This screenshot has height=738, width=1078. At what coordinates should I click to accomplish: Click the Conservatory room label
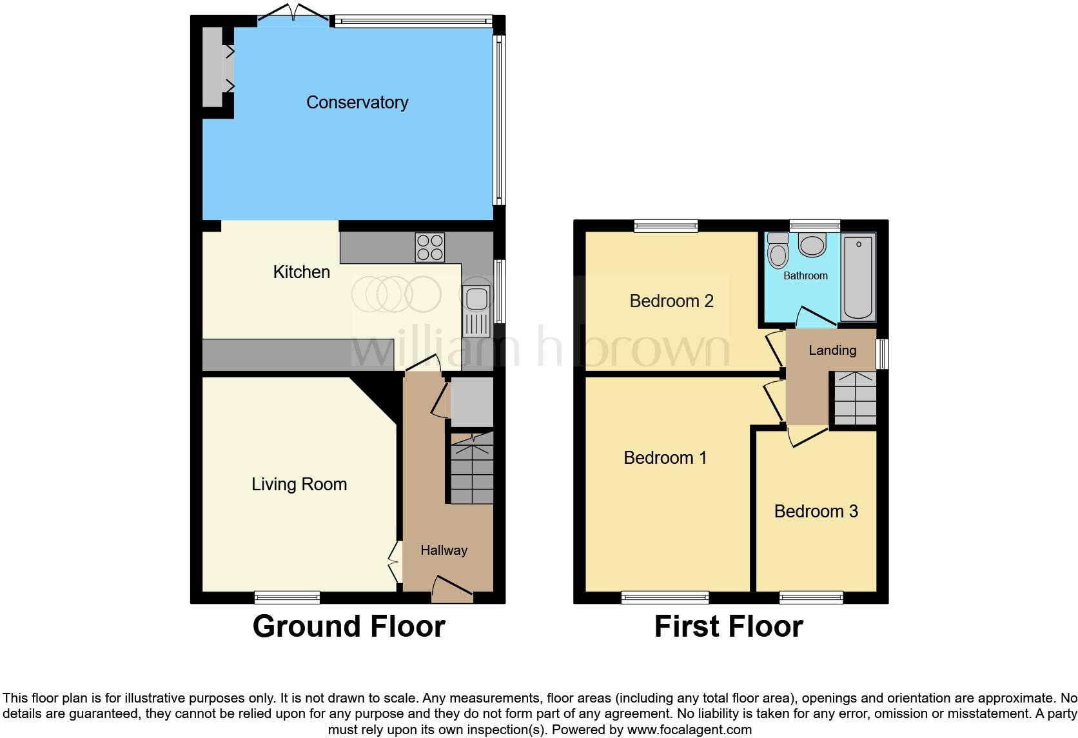(357, 103)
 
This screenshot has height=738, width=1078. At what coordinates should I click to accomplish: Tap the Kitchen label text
(302, 272)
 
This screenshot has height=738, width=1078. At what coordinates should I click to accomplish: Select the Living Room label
(299, 484)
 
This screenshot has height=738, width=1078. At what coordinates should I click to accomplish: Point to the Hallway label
(444, 550)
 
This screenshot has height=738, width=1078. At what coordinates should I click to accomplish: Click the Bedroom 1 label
(665, 458)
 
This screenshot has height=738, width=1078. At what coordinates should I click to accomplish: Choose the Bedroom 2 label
(671, 301)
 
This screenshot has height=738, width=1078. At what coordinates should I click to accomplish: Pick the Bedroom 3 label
(816, 512)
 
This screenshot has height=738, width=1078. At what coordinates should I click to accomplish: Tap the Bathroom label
(805, 276)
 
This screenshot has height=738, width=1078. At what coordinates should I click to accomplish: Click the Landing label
(832, 350)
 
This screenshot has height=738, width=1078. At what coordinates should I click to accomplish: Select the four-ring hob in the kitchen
(430, 247)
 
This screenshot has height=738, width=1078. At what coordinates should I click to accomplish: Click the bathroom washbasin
(812, 245)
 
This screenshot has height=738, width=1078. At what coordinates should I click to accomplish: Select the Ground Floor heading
(349, 626)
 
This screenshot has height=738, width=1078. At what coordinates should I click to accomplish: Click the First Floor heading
(729, 626)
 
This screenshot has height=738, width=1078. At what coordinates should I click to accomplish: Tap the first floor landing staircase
(853, 397)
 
